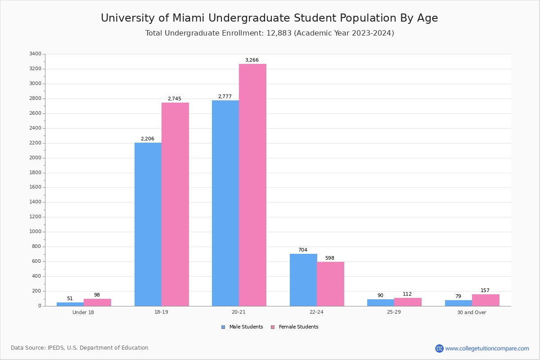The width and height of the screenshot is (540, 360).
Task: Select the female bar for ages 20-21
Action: tap(252, 185)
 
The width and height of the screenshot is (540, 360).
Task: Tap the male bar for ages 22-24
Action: tap(303, 280)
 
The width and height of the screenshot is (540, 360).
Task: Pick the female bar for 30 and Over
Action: tap(486, 300)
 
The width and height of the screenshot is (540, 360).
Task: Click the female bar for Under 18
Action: tap(97, 302)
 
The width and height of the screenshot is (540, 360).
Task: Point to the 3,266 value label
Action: tap(252, 60)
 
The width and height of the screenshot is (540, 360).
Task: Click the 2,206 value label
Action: tap(148, 139)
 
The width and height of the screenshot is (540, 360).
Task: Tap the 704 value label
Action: tap(303, 250)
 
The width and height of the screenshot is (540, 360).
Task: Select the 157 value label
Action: tap(485, 291)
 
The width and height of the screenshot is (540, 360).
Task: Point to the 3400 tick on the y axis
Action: tap(35, 54)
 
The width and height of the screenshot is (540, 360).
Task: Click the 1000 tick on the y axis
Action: tap(35, 232)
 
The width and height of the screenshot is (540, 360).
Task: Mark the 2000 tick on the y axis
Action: tap(35, 158)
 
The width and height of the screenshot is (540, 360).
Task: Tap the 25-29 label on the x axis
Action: tap(394, 312)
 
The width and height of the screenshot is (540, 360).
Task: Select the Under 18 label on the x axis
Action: tap(83, 312)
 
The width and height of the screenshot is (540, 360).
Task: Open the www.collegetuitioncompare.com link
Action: tap(487, 348)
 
